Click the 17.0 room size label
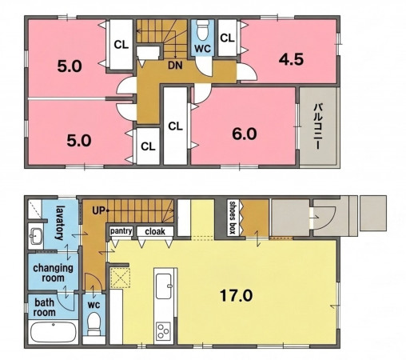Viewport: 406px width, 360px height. [x=236, y=295]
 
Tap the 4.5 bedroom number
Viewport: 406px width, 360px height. [x=291, y=59]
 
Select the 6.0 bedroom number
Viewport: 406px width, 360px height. [x=245, y=134]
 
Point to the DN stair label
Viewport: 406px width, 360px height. [x=175, y=66]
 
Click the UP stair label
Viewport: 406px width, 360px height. [x=98, y=210]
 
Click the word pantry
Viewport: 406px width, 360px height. [x=121, y=231]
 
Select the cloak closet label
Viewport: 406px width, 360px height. [x=155, y=231]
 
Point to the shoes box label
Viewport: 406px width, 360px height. [x=233, y=218]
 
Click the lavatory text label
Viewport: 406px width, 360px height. [x=60, y=222]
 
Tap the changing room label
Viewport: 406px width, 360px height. [x=53, y=273]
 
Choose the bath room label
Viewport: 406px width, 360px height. [x=45, y=307]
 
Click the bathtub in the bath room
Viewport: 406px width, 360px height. [x=54, y=332]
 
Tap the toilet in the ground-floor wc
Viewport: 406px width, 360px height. [x=94, y=323]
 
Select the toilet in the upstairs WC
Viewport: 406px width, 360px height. [x=202, y=30]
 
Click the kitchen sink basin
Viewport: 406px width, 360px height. [x=163, y=286]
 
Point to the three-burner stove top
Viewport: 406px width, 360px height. [x=163, y=331]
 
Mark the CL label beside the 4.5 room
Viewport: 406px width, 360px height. [x=227, y=38]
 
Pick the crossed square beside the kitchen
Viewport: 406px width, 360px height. [x=121, y=278]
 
